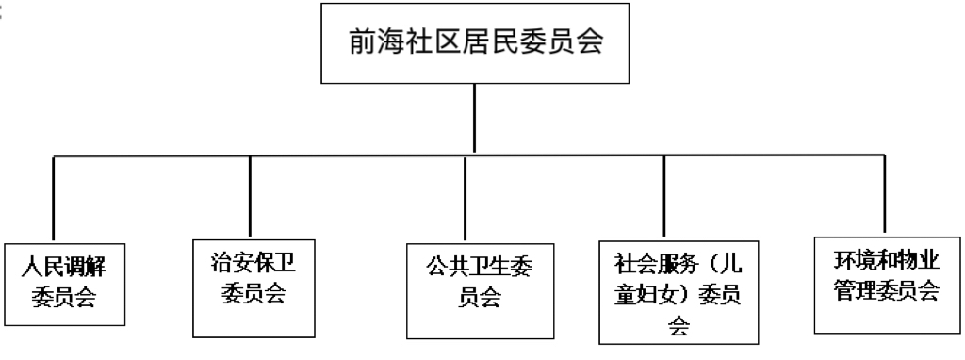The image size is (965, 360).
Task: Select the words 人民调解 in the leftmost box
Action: (64, 266)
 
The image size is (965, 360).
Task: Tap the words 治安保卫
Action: (251, 262)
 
